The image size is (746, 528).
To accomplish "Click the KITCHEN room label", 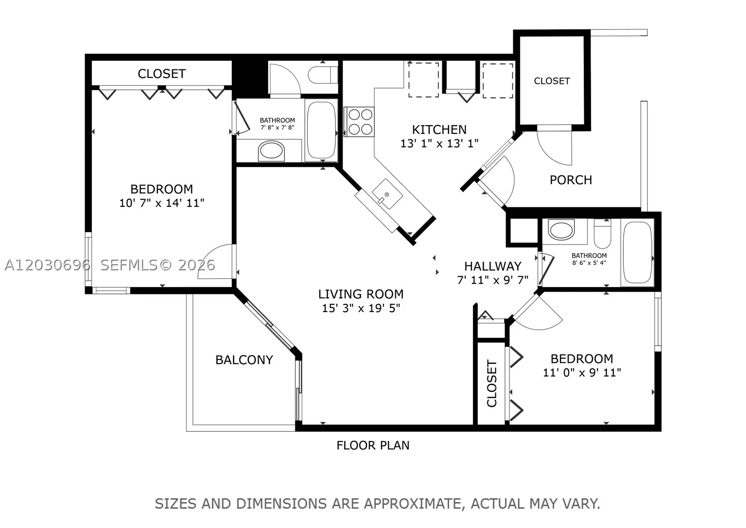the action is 439,129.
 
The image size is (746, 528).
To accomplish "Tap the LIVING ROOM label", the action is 361,294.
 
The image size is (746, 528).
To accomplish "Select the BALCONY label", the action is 244,360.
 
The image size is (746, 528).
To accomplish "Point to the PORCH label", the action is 571,180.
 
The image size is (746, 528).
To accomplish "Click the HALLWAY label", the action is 492,266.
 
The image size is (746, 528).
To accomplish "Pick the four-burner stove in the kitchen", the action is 359,122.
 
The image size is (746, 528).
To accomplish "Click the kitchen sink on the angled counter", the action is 387,194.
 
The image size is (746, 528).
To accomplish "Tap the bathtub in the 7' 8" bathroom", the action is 321,130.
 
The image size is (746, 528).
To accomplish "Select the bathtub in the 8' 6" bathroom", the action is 637,253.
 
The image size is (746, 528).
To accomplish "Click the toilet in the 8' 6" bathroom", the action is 602,234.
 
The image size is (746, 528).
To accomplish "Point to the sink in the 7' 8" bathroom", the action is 271,151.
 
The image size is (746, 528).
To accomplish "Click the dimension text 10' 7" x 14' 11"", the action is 162,203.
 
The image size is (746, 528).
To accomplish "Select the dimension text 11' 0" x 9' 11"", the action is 582,372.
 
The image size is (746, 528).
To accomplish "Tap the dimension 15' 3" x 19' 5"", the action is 361,308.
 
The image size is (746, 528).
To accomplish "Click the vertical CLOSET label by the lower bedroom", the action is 492,384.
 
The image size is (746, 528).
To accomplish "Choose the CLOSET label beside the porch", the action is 552,81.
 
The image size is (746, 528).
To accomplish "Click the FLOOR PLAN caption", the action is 373,445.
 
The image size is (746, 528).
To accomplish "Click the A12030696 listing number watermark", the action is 47,265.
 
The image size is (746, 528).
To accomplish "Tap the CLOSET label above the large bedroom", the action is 162,74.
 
